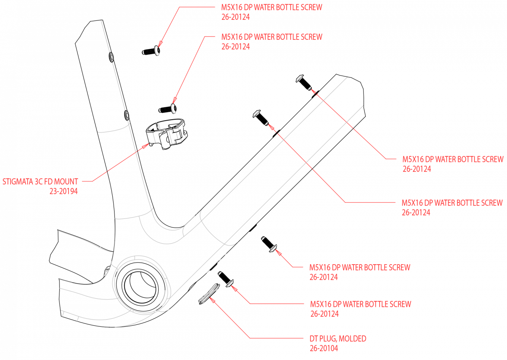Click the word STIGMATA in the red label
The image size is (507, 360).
pos(18,182)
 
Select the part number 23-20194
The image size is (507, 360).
pos(63,191)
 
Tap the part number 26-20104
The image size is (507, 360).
pos(324,348)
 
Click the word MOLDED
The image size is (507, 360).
pos(352,339)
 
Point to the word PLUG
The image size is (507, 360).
pos(327,339)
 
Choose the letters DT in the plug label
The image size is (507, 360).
pos(313,339)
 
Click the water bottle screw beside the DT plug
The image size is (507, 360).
pos(230,283)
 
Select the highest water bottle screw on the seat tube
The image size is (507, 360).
pos(157,51)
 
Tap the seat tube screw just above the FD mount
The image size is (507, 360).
pos(173,109)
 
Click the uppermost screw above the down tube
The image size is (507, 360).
pos(300,78)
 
